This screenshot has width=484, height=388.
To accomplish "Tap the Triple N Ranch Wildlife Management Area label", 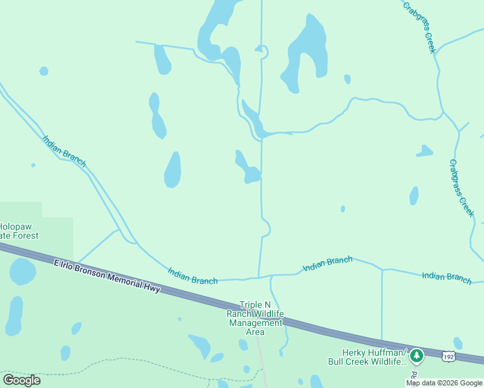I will point(255,318).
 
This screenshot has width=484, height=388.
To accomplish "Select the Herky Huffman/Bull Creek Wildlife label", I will point(366,358).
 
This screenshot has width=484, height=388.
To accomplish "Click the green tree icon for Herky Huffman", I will point(417,354).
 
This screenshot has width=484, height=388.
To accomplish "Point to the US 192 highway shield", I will point(448,356).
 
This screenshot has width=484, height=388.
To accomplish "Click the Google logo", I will point(21,380).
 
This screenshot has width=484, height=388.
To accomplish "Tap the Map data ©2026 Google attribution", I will point(444,383).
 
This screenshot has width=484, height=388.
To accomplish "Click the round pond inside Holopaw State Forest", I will point(22,272).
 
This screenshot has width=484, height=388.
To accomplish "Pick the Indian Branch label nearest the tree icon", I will point(446,277).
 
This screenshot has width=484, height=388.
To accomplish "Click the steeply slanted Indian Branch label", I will point(64,151).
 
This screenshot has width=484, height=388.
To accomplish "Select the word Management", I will point(255,323).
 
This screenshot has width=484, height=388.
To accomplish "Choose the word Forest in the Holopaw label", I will point(28,237).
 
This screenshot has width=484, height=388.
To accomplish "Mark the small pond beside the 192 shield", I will point(457,343).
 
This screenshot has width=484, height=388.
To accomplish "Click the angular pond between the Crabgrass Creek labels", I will point(424,151).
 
